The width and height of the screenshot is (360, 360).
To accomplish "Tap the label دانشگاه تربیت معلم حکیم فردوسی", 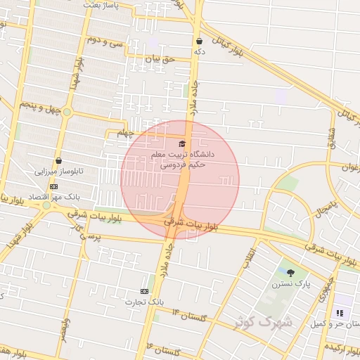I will tap(183, 159).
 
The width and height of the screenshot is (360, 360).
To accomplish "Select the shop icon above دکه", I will tap(199, 41).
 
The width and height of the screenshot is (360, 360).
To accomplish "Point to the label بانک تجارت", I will tap(145, 302).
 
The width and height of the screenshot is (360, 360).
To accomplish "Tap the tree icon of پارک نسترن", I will tap(291, 272).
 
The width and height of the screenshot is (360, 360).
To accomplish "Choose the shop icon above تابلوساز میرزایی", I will tap(58, 161).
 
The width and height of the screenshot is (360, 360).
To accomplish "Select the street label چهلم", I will tap(124, 132).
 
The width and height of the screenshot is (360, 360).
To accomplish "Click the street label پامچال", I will tap(326, 207).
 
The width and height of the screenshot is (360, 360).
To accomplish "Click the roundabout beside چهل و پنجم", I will tap(67, 112).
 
